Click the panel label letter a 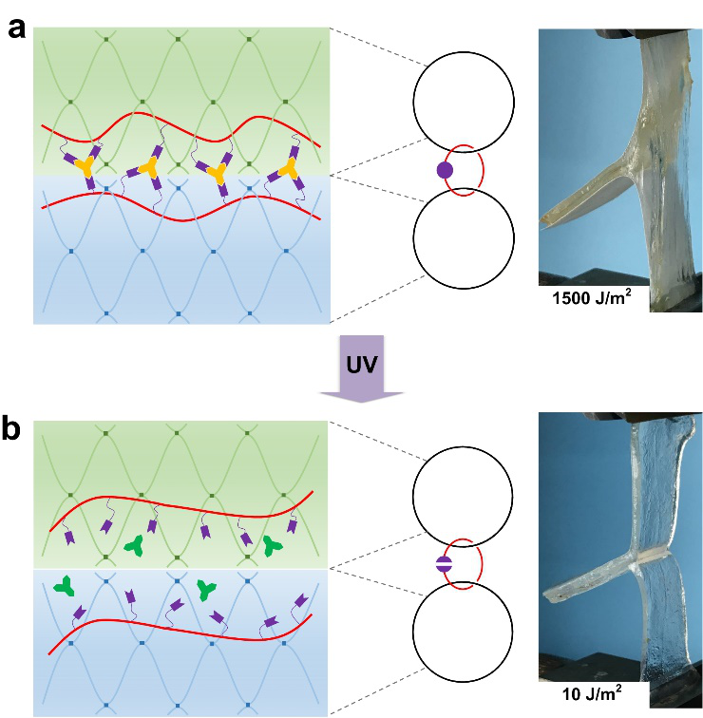pos(16,28)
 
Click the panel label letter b pos(16,429)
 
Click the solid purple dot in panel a pos(444,171)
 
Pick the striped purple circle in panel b pos(444,564)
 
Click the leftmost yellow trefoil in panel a pos(85,168)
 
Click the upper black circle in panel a pos(463,101)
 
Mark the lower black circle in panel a pos(463,236)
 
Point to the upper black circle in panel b pos(463,495)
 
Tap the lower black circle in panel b pos(463,631)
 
